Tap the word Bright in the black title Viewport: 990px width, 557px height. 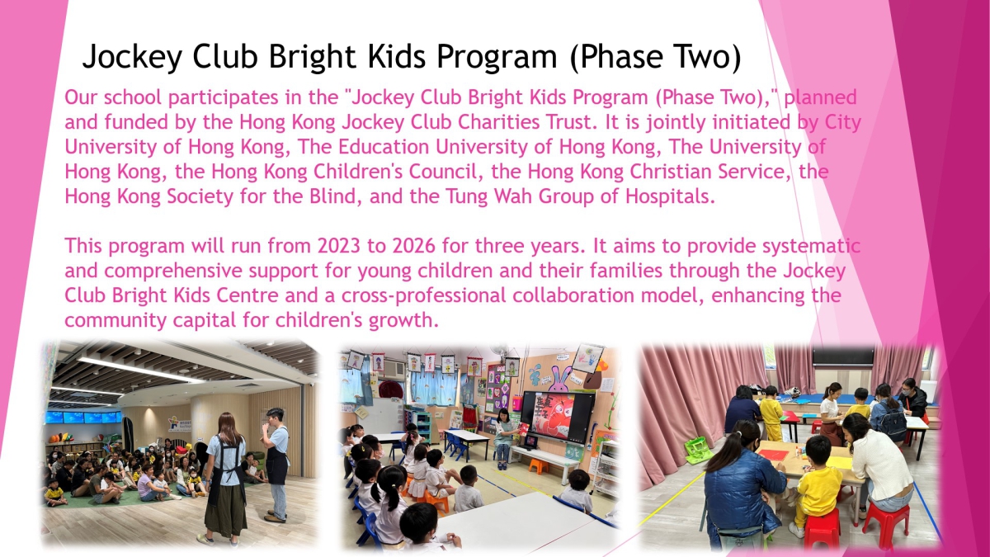tap(312, 57)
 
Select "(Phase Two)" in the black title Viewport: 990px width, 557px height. tap(655, 57)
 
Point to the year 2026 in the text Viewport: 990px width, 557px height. tap(413, 246)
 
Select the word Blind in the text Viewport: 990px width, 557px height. tap(332, 196)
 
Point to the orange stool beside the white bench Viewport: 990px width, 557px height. tap(538, 465)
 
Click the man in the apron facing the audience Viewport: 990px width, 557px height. tap(275, 465)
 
